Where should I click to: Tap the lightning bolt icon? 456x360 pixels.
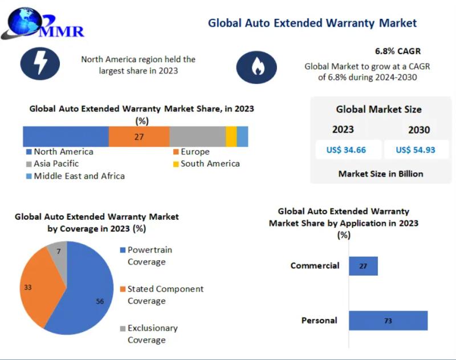pos(40,63)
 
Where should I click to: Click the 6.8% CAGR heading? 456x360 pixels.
pos(397,51)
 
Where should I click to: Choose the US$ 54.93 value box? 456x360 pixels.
pos(415,150)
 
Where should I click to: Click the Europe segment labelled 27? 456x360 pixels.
pos(139,137)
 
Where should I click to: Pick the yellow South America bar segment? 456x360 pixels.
pos(231,137)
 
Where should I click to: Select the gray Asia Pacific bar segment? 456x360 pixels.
pos(197,137)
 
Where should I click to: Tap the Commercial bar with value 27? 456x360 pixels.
pos(363,266)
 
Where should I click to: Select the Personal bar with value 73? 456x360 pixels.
pos(388,321)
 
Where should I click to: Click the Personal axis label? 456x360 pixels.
pos(319,321)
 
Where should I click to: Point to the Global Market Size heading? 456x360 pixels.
pos(378,110)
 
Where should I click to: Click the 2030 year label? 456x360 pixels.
pos(419,130)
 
